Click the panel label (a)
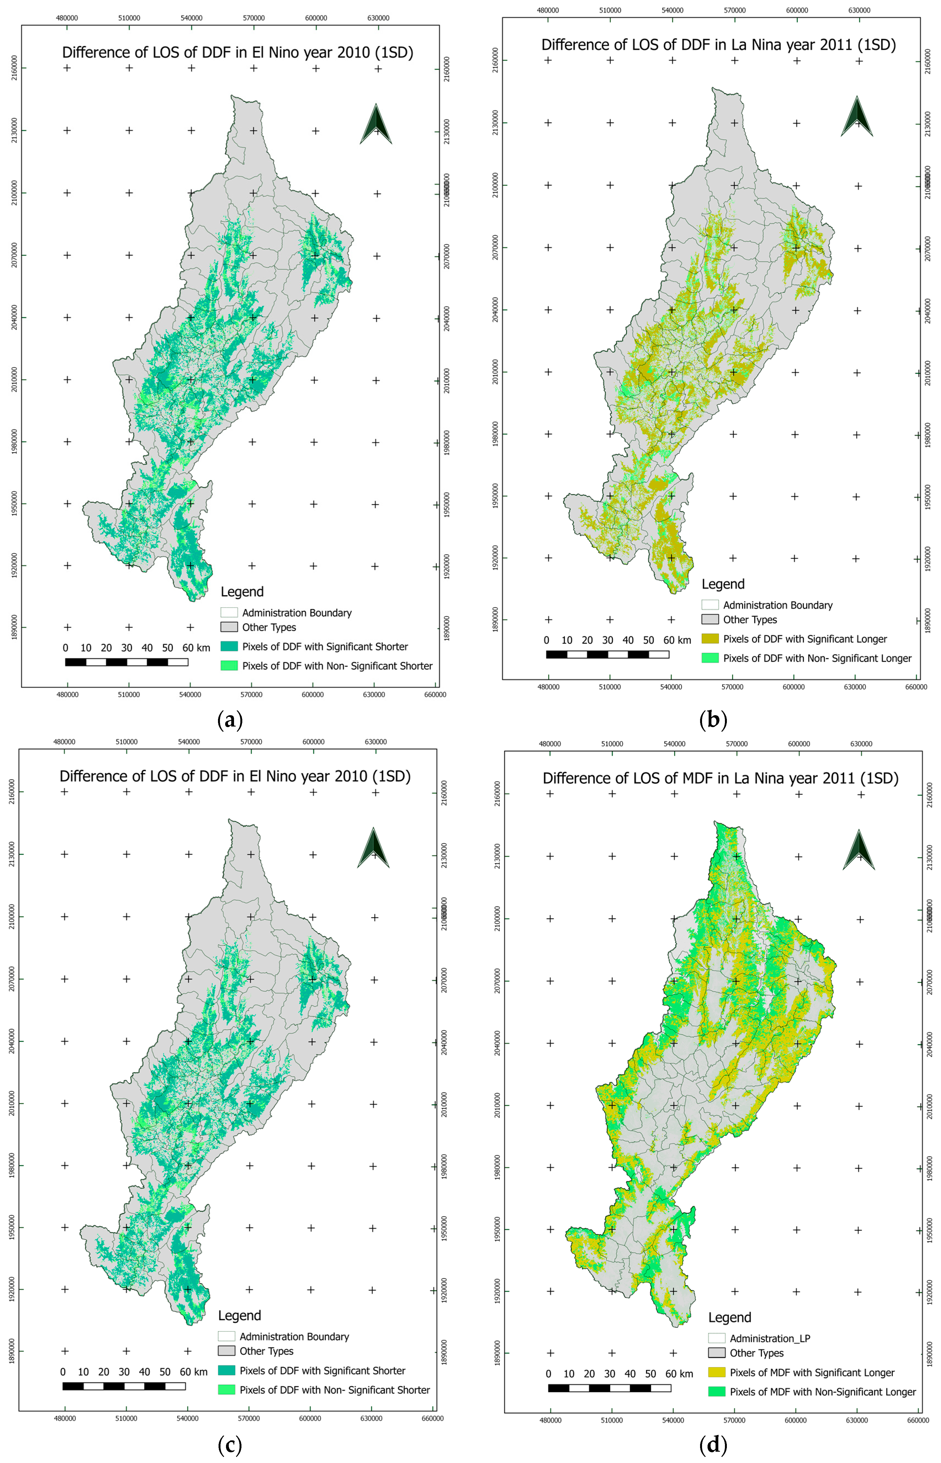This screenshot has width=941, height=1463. pyautogui.click(x=230, y=720)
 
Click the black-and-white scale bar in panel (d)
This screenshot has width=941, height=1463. pyautogui.click(x=609, y=1388)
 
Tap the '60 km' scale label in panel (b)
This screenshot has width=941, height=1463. pyautogui.click(x=677, y=640)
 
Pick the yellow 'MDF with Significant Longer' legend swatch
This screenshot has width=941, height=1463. pyautogui.click(x=717, y=1372)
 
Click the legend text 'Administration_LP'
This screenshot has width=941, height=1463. pyautogui.click(x=770, y=1338)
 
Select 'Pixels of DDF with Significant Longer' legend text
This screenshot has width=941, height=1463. pyautogui.click(x=805, y=639)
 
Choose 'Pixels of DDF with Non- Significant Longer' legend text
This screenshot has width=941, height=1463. pyautogui.click(x=817, y=658)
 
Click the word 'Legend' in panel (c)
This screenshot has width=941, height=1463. pyautogui.click(x=240, y=1315)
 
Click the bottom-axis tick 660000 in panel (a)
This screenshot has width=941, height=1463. pyautogui.click(x=435, y=695)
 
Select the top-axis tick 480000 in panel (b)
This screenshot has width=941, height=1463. pyautogui.click(x=548, y=10)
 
